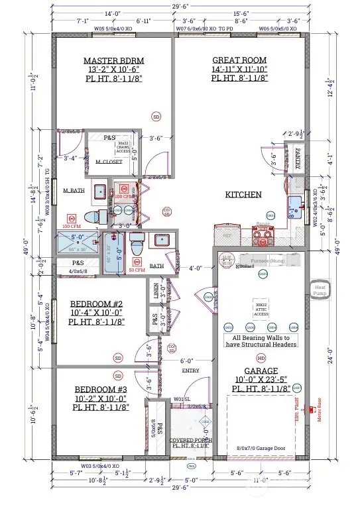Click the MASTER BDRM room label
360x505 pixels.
114,60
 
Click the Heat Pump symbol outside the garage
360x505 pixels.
317,288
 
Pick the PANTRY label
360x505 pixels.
297,158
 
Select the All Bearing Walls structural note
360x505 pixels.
259,341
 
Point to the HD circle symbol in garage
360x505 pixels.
261,358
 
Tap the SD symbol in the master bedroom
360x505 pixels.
156,117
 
